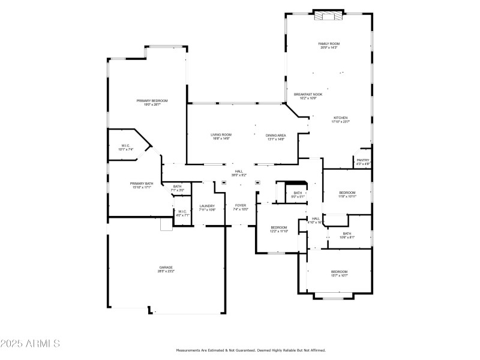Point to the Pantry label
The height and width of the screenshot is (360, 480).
[363, 161]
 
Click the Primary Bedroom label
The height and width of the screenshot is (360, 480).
[152, 103]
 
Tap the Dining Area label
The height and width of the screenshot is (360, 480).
[275, 137]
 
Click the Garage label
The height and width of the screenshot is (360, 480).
[166, 269]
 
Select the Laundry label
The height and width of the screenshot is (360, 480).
[207, 208]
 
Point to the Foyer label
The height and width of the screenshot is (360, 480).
[241, 208]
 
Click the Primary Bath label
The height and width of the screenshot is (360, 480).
[142, 185]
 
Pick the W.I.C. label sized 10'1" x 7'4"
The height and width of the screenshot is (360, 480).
[126, 148]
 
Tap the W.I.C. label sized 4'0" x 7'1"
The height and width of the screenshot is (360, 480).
[182, 213]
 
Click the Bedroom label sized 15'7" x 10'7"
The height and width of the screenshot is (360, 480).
[340, 274]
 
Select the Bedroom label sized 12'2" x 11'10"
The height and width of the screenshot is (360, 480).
[279, 229]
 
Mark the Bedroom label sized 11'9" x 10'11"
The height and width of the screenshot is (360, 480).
[347, 194]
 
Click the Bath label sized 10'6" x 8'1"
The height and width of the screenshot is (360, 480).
[347, 235]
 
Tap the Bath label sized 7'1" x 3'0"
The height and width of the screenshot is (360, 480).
[178, 188]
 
